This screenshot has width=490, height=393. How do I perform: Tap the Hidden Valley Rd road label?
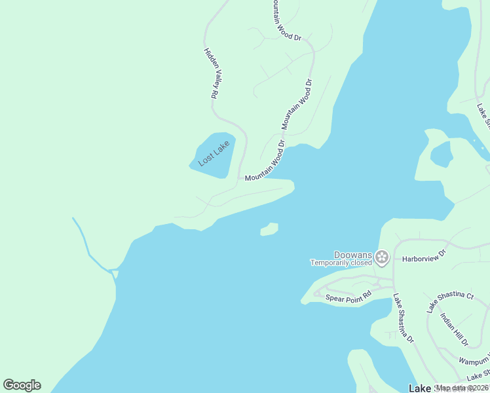click(x=210, y=73)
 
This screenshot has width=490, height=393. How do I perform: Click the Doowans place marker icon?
click(x=382, y=257)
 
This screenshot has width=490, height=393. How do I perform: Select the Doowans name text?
click(x=353, y=255)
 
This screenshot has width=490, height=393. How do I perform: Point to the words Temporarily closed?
click(x=341, y=263)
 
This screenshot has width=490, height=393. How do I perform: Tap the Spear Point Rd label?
click(x=349, y=297)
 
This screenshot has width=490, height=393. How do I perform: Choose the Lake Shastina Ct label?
click(x=450, y=303)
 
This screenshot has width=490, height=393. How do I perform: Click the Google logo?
click(x=22, y=385)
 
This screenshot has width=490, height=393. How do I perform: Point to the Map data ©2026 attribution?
click(x=462, y=388)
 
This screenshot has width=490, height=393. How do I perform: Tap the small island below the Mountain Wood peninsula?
click(x=269, y=229)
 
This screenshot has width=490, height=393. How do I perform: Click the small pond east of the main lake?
click(x=441, y=155)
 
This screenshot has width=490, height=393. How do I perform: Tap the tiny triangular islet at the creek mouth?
click(x=115, y=273)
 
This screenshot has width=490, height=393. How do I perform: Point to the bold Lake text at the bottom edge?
click(x=419, y=388)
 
